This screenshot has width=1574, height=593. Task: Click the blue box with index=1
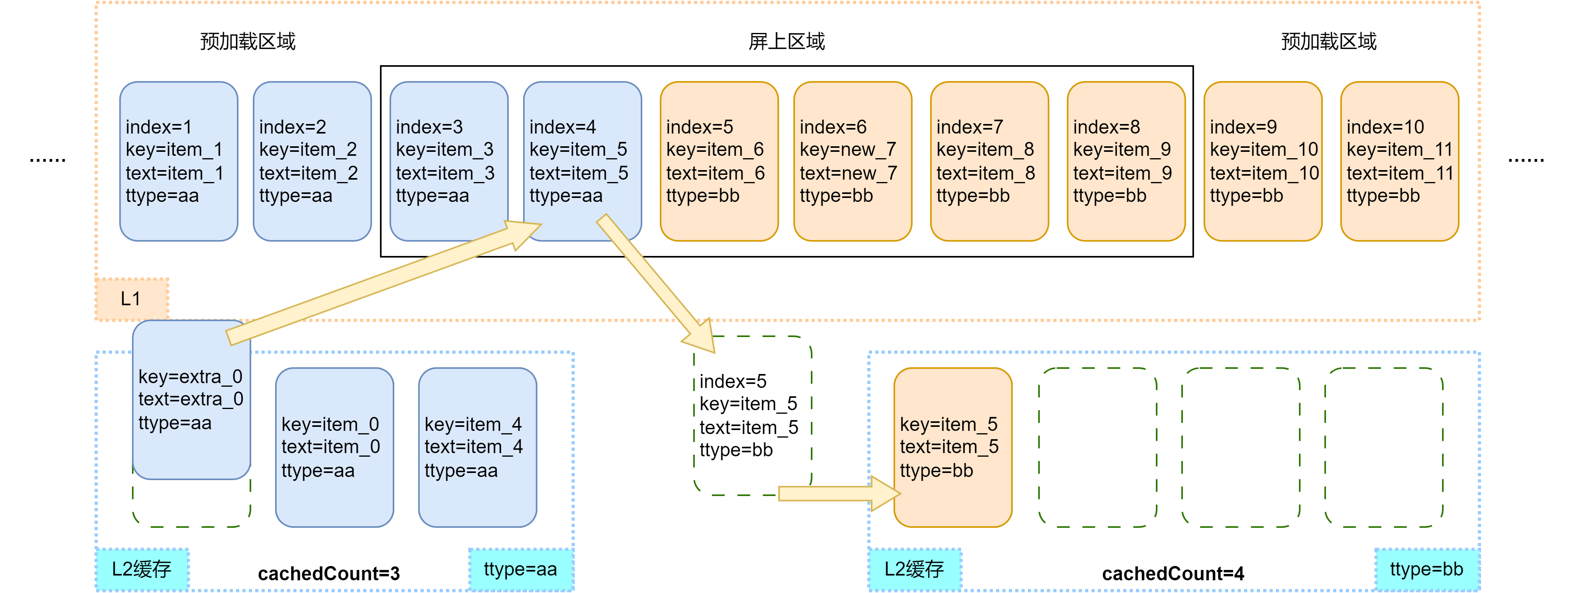[x=178, y=161]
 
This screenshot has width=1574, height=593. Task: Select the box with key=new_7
[x=852, y=161]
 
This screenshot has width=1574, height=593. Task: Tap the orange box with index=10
[x=1399, y=161]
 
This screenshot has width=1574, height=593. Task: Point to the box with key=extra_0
[x=191, y=400]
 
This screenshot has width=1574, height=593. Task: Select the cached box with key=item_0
[x=334, y=447]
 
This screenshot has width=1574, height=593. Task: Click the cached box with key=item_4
[x=477, y=447]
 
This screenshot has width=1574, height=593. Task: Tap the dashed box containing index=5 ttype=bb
[x=752, y=415]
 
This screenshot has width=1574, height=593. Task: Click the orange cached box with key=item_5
[x=953, y=447]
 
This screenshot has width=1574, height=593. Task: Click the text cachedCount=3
[x=329, y=574]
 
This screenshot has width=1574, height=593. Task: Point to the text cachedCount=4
[x=1173, y=574]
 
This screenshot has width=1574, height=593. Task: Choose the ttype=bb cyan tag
[x=1426, y=569]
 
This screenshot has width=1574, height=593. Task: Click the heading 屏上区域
[x=786, y=41]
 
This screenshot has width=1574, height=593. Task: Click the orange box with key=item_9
[x=1126, y=161]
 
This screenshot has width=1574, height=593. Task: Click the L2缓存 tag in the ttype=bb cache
[x=914, y=569]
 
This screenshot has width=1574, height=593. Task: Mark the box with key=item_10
[x=1262, y=161]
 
